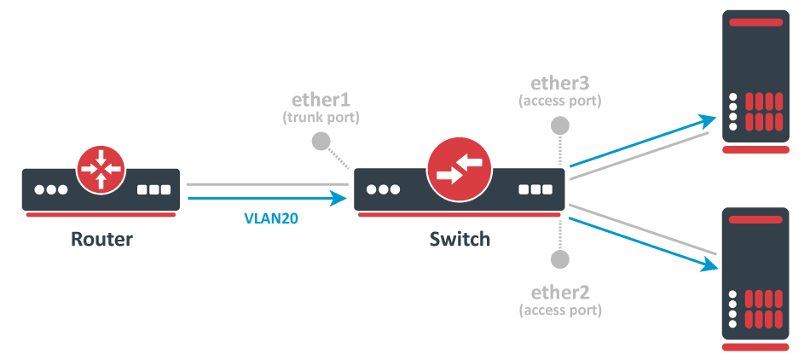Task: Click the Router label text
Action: [x=101, y=239]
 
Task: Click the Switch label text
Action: [x=460, y=239]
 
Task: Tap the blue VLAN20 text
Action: [x=271, y=218]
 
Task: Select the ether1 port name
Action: [x=321, y=99]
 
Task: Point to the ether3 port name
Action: [x=560, y=83]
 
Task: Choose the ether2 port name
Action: [x=560, y=293]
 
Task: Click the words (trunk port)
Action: [x=321, y=117]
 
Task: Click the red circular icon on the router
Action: [x=101, y=169]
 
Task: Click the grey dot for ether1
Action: [x=321, y=141]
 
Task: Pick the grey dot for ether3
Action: [x=560, y=125]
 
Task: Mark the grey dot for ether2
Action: [x=560, y=259]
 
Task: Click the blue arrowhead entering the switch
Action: [x=338, y=198]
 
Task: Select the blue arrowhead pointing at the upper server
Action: [x=708, y=121]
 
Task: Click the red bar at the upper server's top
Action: [x=755, y=22]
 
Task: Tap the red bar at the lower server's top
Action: [x=755, y=219]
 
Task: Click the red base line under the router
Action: [x=101, y=214]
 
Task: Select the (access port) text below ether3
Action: [x=560, y=101]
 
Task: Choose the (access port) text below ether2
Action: [x=560, y=310]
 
